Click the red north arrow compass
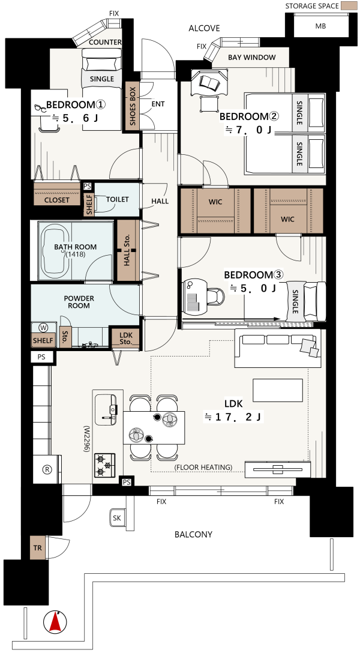pos(55,622)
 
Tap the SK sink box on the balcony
pos(117,518)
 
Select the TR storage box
pos(38,547)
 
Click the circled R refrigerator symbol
pos(47,469)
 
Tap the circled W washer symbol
pos(43,327)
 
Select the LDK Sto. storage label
pos(126,339)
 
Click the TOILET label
pos(117,200)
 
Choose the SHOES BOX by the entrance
pos(132,106)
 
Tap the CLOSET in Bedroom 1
pos(57,194)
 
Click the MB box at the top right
pos(320,26)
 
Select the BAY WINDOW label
pos(252,57)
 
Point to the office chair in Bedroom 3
pos(214,295)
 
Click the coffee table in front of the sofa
pos(277,391)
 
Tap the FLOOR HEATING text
pos(203,467)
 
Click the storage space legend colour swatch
pos(346,6)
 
